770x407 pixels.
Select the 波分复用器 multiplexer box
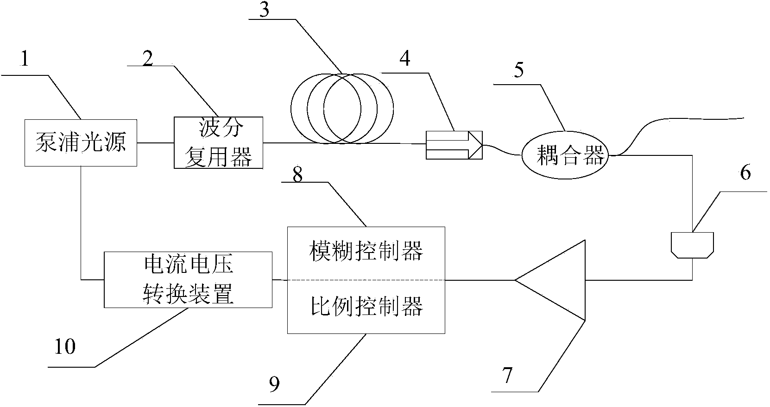(218, 143)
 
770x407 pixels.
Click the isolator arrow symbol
(454, 145)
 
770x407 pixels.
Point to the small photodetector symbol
(692, 244)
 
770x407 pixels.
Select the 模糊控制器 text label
(366, 252)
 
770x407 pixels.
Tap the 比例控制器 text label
(366, 306)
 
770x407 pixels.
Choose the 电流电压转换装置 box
(188, 280)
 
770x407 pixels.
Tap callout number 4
(404, 59)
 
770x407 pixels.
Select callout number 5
(519, 70)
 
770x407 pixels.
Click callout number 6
(745, 173)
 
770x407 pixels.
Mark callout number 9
(274, 383)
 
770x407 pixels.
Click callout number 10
(65, 346)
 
